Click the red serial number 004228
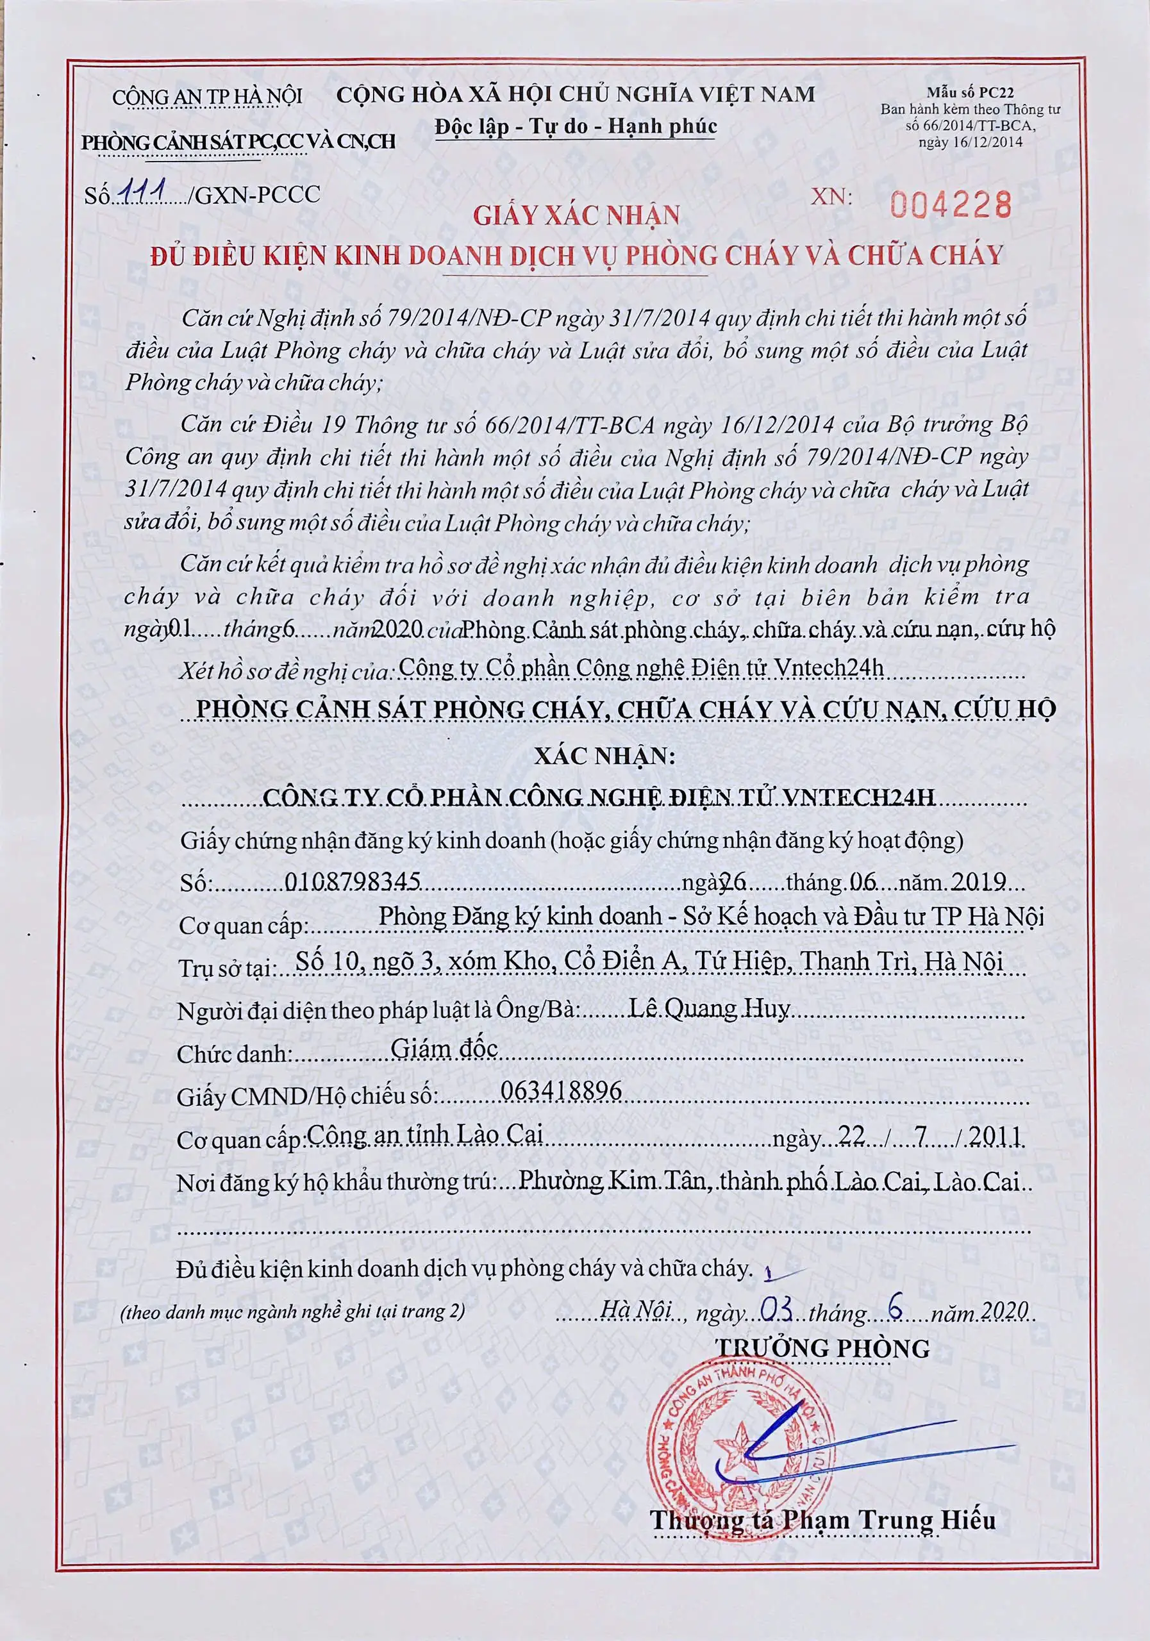(951, 206)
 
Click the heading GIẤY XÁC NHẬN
(576, 215)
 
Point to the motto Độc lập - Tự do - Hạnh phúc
(576, 127)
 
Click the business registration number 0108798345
(352, 882)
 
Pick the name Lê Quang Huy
(709, 1008)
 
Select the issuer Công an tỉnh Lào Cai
(424, 1134)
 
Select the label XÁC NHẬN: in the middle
(604, 756)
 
